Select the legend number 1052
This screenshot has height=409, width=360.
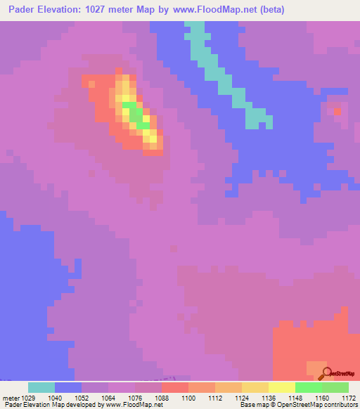pos(82,397)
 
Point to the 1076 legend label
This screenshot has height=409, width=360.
pos(135,397)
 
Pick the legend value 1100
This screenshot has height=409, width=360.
pos(188,397)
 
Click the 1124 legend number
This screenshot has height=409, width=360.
pos(242,397)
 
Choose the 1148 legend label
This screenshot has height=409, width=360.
pos(295,397)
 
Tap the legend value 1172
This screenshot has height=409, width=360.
pos(348,397)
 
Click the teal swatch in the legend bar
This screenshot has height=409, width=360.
pos(41,387)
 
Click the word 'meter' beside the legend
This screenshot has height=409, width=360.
pos(10,397)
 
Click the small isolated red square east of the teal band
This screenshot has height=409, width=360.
pos(337,111)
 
